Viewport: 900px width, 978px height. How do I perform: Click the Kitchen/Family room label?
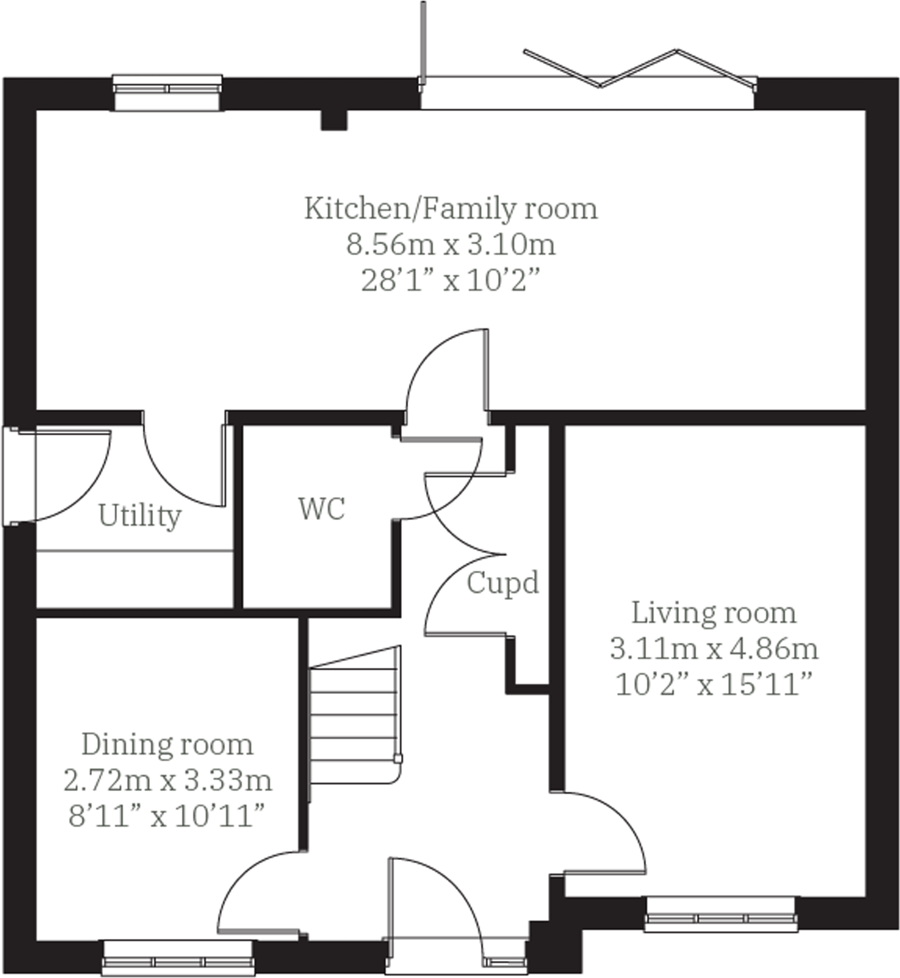pyautogui.click(x=451, y=209)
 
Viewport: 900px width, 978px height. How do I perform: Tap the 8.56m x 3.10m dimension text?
pyautogui.click(x=451, y=245)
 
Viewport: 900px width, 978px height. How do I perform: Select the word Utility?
pyautogui.click(x=140, y=517)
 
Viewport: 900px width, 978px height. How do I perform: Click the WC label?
pyautogui.click(x=322, y=508)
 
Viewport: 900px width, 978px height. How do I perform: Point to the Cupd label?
pyautogui.click(x=502, y=583)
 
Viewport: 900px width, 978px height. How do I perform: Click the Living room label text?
pyautogui.click(x=714, y=613)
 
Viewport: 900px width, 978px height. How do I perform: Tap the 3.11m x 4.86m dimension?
pyautogui.click(x=714, y=649)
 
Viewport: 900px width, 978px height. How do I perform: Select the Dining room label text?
pyautogui.click(x=167, y=745)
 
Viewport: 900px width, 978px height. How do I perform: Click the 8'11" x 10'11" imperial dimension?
pyautogui.click(x=167, y=816)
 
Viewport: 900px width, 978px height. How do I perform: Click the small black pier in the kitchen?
pyautogui.click(x=334, y=120)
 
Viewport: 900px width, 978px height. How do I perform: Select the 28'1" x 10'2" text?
pyautogui.click(x=451, y=282)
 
